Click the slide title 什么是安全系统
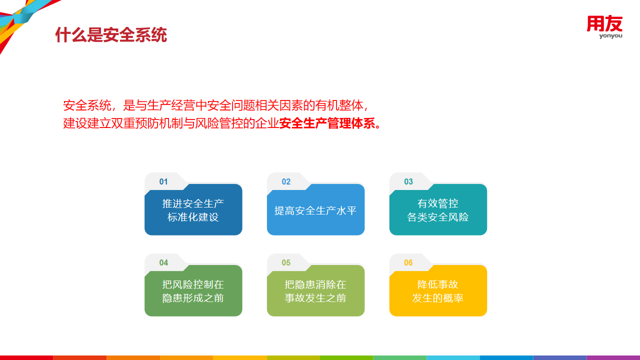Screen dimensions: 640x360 pyautogui.click(x=111, y=35)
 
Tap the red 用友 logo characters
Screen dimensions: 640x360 pyautogui.click(x=604, y=23)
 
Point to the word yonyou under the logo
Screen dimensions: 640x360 pyautogui.click(x=610, y=36)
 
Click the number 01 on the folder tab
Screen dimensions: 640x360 pyautogui.click(x=163, y=181)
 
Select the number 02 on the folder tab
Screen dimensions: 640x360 pyautogui.click(x=286, y=181)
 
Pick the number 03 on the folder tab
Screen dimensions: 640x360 pyautogui.click(x=408, y=181)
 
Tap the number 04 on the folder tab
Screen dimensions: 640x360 pyautogui.click(x=163, y=263)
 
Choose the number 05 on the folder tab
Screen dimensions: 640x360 pyautogui.click(x=286, y=263)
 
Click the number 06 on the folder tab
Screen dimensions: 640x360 pyautogui.click(x=408, y=263)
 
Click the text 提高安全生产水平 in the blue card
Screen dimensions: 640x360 pyautogui.click(x=315, y=211)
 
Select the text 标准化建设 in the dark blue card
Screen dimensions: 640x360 pyautogui.click(x=193, y=217)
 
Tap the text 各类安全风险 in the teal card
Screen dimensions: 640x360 pyautogui.click(x=437, y=217)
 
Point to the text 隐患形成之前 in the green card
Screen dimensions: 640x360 pyautogui.click(x=193, y=298)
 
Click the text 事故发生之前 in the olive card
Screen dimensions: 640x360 pyautogui.click(x=315, y=298)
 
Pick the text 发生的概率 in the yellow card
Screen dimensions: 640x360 pyautogui.click(x=437, y=298)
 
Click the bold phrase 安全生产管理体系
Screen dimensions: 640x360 pyautogui.click(x=327, y=123)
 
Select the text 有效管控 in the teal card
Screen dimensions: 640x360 pyautogui.click(x=437, y=203)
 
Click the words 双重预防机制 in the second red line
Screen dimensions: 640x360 pyautogui.click(x=147, y=123)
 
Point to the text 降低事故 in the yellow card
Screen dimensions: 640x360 pyautogui.click(x=437, y=285)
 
